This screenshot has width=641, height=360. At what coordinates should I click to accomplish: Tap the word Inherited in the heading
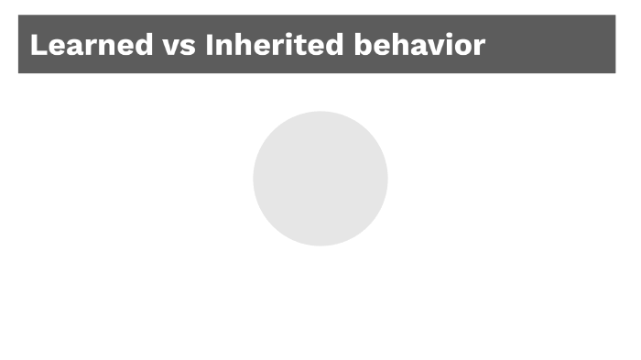(274, 45)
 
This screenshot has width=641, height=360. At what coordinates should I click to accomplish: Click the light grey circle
(320, 179)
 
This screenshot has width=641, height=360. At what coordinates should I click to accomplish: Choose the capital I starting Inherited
(211, 45)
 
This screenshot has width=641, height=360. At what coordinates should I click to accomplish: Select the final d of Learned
(144, 45)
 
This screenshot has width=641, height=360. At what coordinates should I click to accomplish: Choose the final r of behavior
(477, 47)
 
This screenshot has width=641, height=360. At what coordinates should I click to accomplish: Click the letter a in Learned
(75, 47)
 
